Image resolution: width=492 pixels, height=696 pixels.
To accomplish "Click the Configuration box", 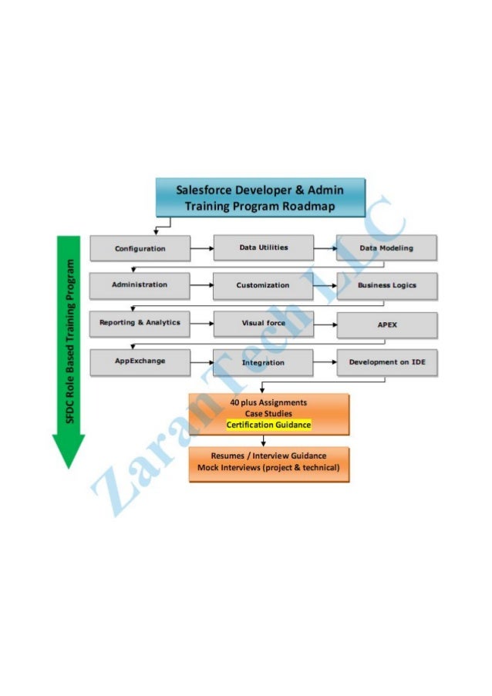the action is coord(140,248).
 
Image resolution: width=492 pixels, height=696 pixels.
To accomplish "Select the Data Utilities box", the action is coord(263,247).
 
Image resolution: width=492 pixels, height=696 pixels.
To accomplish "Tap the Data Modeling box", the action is coord(386,248).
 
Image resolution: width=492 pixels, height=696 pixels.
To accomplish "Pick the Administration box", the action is coord(140,285).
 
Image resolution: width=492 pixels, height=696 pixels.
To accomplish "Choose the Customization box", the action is coord(263,285).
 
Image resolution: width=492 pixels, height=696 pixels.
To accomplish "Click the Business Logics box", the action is coord(386,285).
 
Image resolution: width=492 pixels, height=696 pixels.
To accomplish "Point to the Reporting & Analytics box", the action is coord(140,323).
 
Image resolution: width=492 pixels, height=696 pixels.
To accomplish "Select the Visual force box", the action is coord(263,323).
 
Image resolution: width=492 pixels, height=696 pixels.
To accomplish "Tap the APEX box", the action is coord(386,324).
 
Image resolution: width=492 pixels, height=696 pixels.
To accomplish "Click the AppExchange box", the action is coord(140,361).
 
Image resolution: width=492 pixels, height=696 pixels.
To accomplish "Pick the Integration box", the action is coord(263,362).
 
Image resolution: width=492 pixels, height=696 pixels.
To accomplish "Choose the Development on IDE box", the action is coord(386,361).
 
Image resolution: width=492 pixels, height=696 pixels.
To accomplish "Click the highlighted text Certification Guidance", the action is coord(268,425).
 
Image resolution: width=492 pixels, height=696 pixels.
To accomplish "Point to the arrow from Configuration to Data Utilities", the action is coord(201,249).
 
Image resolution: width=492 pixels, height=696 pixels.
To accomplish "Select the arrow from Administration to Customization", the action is coord(201,286).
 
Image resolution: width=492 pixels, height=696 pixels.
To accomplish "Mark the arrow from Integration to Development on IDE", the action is coord(325,361).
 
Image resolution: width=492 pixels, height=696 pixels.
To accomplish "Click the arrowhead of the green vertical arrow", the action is coord(69,450).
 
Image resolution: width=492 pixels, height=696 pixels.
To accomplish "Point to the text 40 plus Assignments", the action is coord(268,402).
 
